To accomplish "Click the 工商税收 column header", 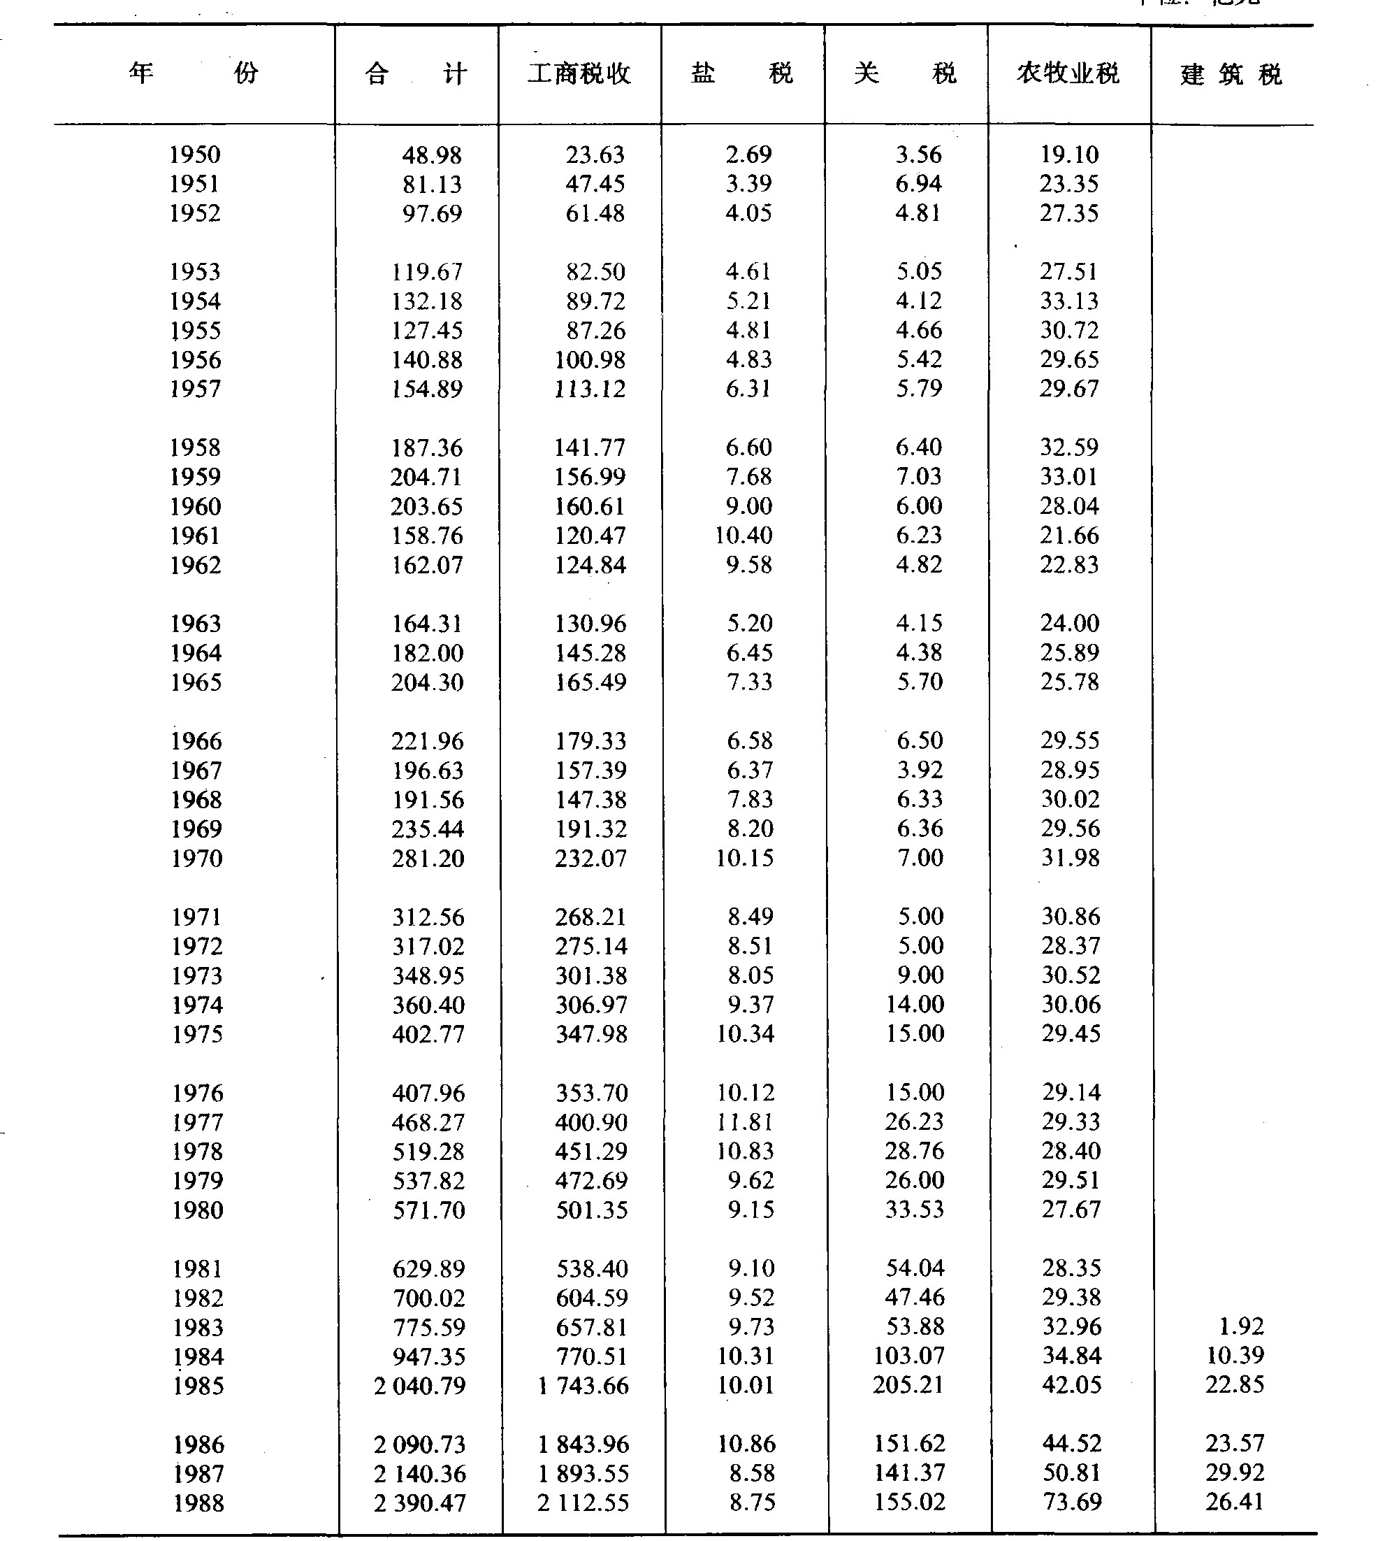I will pyautogui.click(x=579, y=74).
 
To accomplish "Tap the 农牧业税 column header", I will pyautogui.click(x=1068, y=74).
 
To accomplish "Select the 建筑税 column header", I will pyautogui.click(x=1231, y=75).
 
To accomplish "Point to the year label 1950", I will pyautogui.click(x=195, y=155).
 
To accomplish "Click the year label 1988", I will pyautogui.click(x=198, y=1503).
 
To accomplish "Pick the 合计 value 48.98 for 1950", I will pyautogui.click(x=431, y=155).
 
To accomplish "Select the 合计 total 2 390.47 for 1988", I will pyautogui.click(x=419, y=1503).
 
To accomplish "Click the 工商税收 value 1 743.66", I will pyautogui.click(x=583, y=1386).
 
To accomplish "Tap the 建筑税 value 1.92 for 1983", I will pyautogui.click(x=1241, y=1326).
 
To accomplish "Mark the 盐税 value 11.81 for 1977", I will pyautogui.click(x=745, y=1121).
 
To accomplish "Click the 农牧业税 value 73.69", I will pyautogui.click(x=1071, y=1502).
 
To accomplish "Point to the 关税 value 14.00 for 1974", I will pyautogui.click(x=915, y=1004).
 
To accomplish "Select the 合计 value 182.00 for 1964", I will pyautogui.click(x=427, y=653).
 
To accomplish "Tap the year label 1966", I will pyautogui.click(x=196, y=741).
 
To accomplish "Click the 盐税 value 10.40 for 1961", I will pyautogui.click(x=744, y=536).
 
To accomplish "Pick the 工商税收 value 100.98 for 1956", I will pyautogui.click(x=590, y=359).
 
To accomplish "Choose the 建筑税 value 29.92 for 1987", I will pyautogui.click(x=1234, y=1472).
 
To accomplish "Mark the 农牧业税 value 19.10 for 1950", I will pyautogui.click(x=1069, y=155).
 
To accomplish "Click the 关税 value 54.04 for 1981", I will pyautogui.click(x=915, y=1268).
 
